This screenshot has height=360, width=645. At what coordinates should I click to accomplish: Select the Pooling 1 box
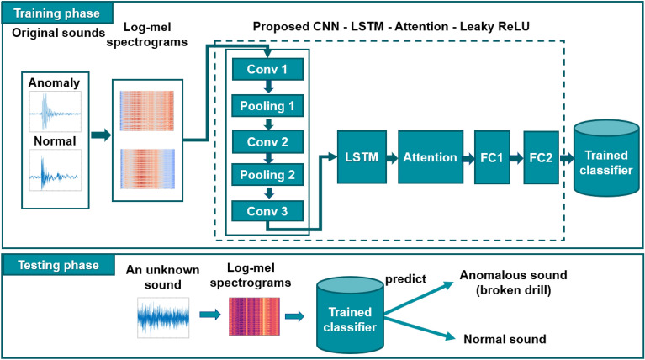point(266,107)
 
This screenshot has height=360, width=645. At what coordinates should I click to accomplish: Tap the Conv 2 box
point(266,141)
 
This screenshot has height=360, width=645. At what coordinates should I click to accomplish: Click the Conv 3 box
point(266,210)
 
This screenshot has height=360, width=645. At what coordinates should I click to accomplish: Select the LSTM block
point(361,157)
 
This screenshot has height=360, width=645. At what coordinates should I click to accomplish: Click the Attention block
point(430,157)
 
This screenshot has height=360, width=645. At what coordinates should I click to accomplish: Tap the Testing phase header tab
point(53,265)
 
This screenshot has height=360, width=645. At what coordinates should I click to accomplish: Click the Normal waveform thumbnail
point(55,174)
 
